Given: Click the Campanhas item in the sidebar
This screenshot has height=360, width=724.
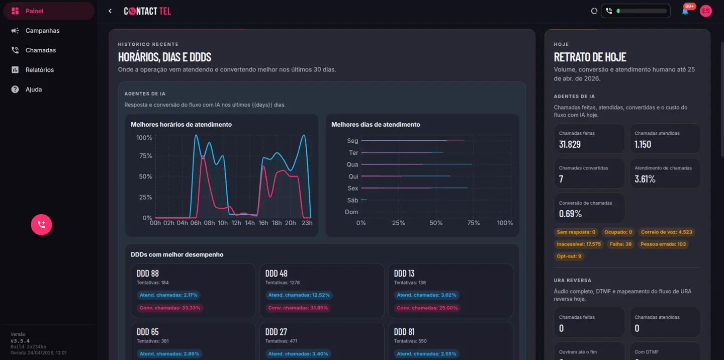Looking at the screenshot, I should pyautogui.click(x=42, y=31).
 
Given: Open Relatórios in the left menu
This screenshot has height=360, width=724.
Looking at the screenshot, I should pyautogui.click(x=39, y=70).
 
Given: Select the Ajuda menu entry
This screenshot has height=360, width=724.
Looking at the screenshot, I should pyautogui.click(x=34, y=89).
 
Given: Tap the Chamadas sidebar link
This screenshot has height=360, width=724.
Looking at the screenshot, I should pyautogui.click(x=40, y=50).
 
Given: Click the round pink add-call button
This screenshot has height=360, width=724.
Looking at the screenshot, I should pyautogui.click(x=41, y=225).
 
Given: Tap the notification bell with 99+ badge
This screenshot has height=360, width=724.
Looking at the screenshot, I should pyautogui.click(x=685, y=11).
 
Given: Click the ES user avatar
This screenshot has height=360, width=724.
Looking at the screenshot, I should pyautogui.click(x=706, y=11).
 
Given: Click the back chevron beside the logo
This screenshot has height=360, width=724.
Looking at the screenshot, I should pyautogui.click(x=110, y=11).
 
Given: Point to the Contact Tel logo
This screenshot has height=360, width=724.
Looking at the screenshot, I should pyautogui.click(x=147, y=11).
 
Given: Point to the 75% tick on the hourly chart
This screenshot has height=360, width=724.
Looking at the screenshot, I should pyautogui.click(x=145, y=156).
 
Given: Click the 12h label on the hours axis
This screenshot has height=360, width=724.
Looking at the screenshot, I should pyautogui.click(x=236, y=223).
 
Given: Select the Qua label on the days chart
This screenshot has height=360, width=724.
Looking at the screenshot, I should pyautogui.click(x=352, y=164).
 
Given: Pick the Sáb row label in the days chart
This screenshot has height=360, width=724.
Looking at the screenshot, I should pyautogui.click(x=352, y=200).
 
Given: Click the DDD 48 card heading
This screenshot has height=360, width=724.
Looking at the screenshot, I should pyautogui.click(x=277, y=274).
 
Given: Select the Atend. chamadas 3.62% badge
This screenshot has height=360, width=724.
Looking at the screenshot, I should pyautogui.click(x=426, y=295).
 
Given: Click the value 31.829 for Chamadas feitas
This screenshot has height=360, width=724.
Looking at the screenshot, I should pyautogui.click(x=570, y=144).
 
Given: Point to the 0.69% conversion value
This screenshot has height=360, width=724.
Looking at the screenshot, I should pyautogui.click(x=570, y=214).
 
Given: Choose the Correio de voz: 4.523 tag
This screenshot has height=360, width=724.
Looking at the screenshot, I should pyautogui.click(x=667, y=232).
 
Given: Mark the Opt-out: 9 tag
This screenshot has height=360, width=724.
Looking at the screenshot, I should pyautogui.click(x=569, y=256).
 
